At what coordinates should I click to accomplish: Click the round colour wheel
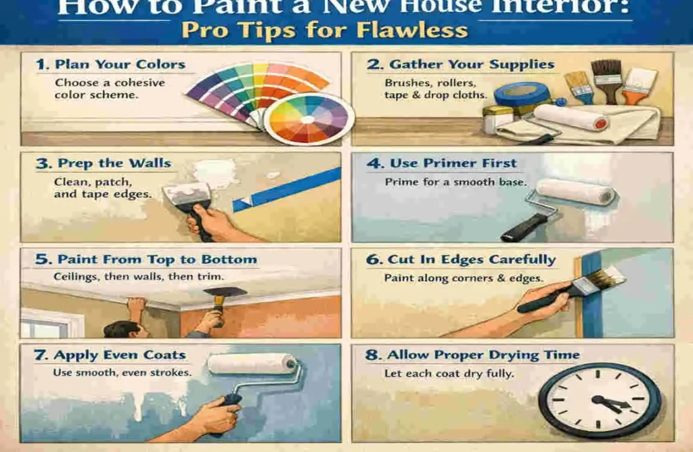308,118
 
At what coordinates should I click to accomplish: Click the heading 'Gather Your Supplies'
471,64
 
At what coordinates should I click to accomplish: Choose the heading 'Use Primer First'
453,163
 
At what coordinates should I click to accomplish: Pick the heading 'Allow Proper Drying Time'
483,355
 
